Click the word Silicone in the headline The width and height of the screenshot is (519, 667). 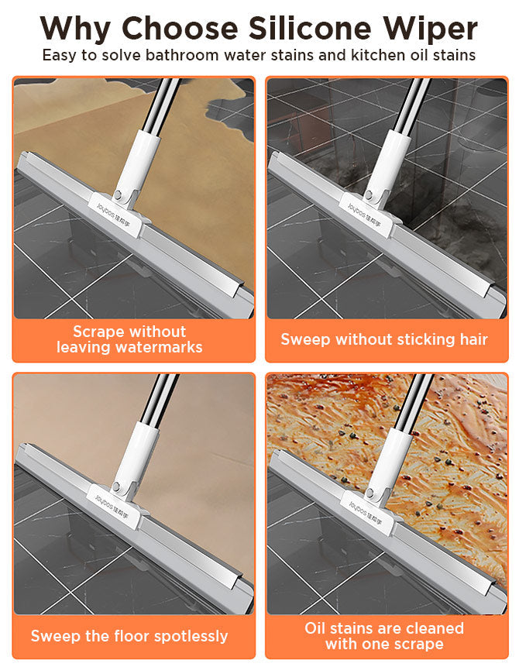(310, 28)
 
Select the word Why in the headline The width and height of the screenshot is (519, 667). (76, 29)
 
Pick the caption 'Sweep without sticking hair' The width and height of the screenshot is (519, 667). (384, 339)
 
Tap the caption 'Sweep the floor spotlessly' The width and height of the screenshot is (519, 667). (129, 636)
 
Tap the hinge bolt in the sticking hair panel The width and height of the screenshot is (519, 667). (369, 195)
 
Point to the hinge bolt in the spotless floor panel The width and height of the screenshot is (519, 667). (115, 486)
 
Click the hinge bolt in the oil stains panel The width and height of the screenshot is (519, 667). (369, 493)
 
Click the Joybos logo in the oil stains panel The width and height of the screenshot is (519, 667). (365, 514)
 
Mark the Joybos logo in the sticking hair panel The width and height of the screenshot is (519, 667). (364, 215)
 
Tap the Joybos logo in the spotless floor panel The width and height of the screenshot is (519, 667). (112, 507)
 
